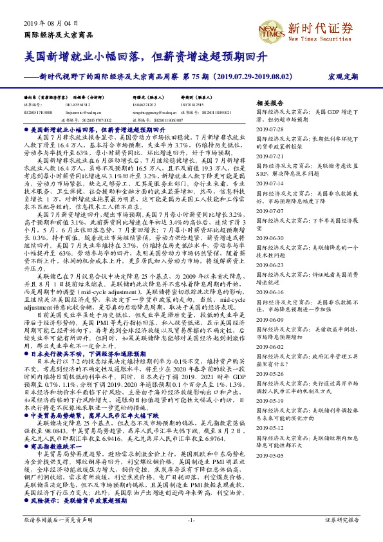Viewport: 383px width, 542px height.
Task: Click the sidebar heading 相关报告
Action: click(x=270, y=103)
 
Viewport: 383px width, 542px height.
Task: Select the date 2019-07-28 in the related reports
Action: click(x=270, y=129)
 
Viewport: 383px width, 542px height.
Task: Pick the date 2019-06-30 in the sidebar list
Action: click(x=270, y=219)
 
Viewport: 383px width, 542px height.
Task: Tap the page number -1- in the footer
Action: click(x=191, y=518)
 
